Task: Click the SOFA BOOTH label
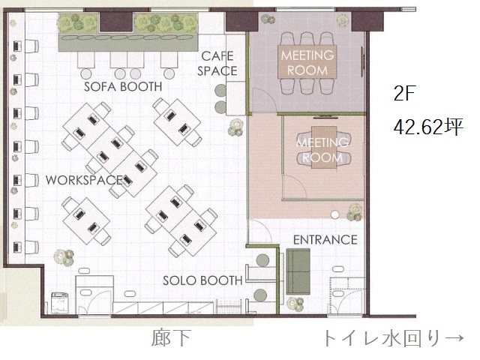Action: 123,87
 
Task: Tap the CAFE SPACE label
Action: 217,64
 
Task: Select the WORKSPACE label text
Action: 84,180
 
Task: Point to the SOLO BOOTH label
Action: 202,280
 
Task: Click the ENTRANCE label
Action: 325,240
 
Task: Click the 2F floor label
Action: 403,93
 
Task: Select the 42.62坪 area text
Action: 428,127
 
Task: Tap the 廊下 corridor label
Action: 172,338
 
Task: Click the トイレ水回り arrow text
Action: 393,338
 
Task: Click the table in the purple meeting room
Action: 307,61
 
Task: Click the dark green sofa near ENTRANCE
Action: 298,271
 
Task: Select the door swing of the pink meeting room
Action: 295,187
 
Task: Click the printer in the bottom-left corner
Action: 60,302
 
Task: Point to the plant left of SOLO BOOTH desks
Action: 64,256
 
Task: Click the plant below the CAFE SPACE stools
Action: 235,127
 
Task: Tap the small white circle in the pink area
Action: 335,215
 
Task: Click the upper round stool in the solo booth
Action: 262,260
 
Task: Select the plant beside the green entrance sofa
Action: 295,304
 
